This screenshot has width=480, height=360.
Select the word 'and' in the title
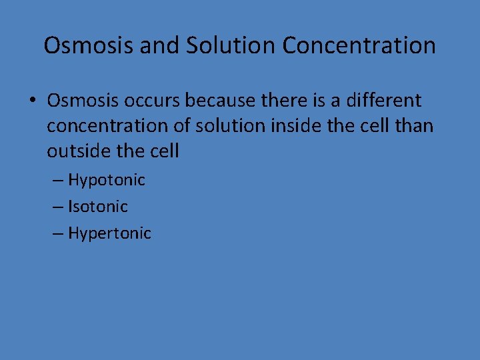point(161,45)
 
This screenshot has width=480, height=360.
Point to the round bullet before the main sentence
point(31,101)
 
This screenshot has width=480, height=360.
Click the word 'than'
point(413,126)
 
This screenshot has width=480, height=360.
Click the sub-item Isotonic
point(97,207)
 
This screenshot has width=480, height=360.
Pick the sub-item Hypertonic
point(109,233)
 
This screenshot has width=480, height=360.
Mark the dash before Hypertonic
point(58,233)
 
